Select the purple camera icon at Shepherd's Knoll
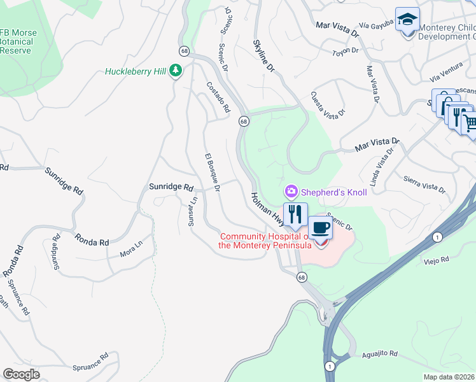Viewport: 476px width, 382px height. pyautogui.click(x=291, y=191)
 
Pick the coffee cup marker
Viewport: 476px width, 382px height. pyautogui.click(x=320, y=227)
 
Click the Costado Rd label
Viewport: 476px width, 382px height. pyautogui.click(x=217, y=97)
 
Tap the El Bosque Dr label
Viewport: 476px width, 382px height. pyautogui.click(x=212, y=173)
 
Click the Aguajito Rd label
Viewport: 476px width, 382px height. pyautogui.click(x=380, y=353)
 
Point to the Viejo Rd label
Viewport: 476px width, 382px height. pyautogui.click(x=437, y=260)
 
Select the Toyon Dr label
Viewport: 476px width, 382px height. pyautogui.click(x=346, y=51)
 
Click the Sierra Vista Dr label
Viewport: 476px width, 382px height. pyautogui.click(x=424, y=184)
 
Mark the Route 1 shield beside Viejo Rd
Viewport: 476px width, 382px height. pyautogui.click(x=436, y=237)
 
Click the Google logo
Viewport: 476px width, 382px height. pyautogui.click(x=22, y=374)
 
